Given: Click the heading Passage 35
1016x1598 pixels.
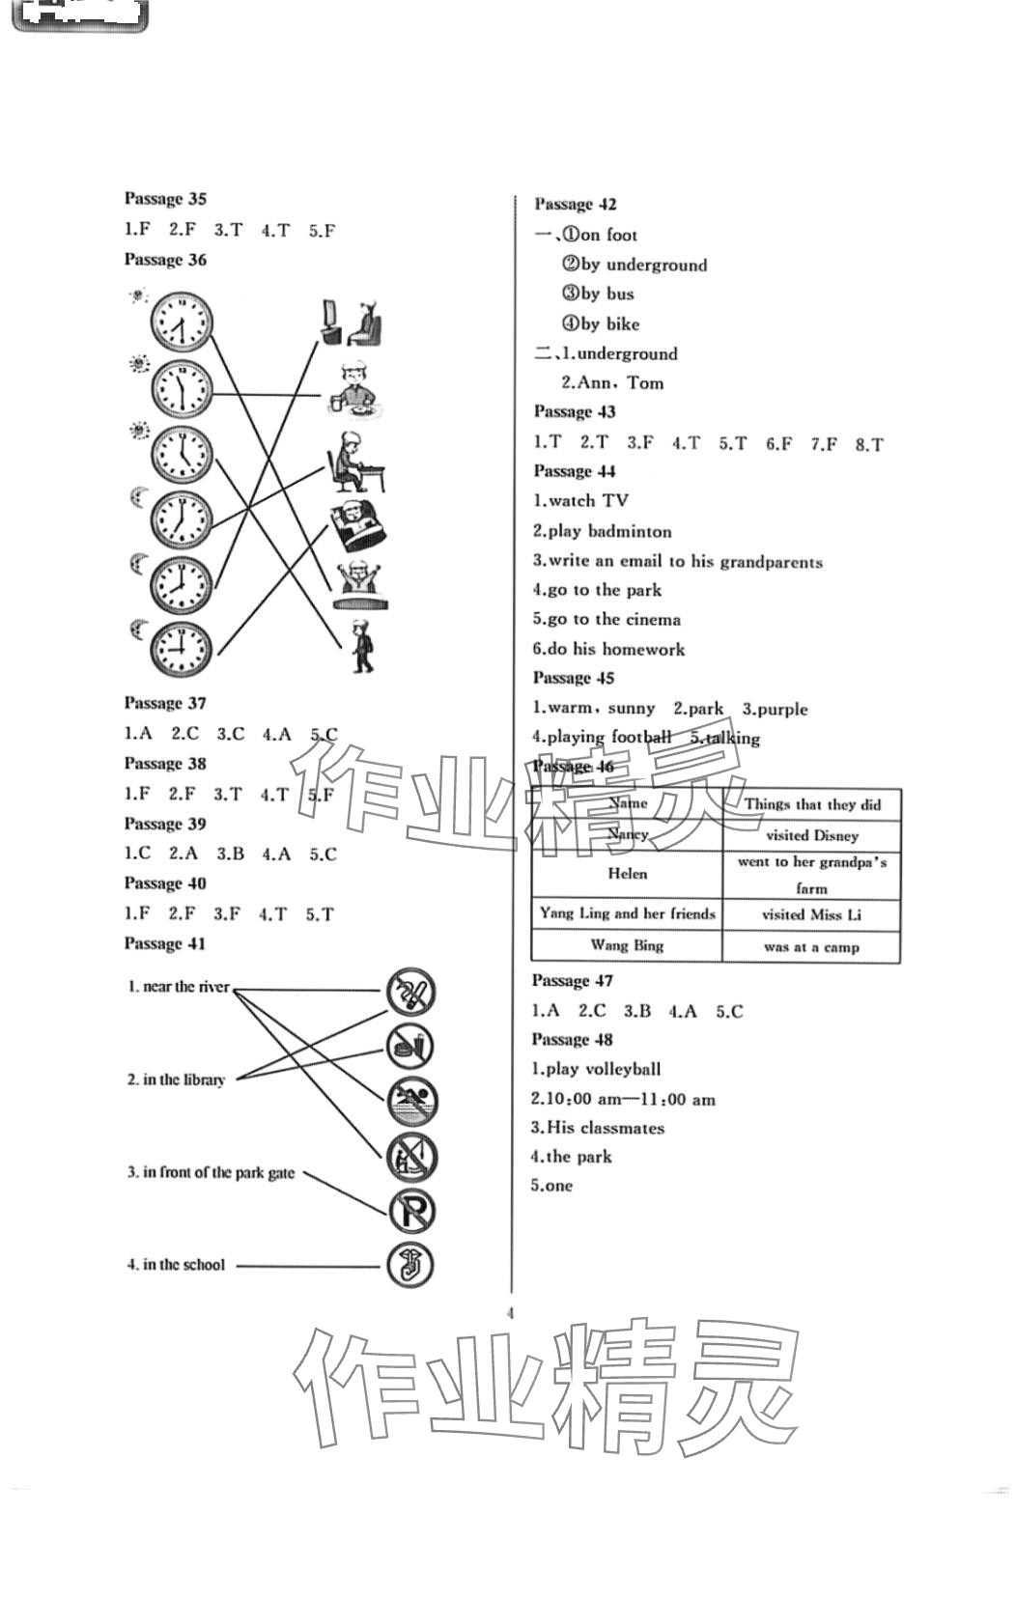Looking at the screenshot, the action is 165,199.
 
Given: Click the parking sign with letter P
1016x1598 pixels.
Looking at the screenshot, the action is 412,1211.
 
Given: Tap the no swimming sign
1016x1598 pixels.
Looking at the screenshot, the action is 412,1100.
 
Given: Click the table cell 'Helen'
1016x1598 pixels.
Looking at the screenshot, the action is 628,874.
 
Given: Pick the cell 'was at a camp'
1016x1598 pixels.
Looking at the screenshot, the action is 811,947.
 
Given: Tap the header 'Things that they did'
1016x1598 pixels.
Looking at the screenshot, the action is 812,804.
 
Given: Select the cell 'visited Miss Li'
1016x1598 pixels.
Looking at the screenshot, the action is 811,914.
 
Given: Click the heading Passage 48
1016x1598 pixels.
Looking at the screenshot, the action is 572,1040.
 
